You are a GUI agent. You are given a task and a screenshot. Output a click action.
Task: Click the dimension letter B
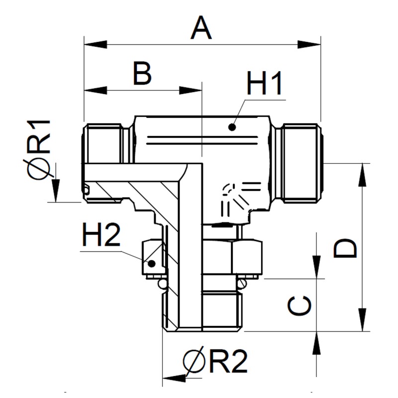(142, 74)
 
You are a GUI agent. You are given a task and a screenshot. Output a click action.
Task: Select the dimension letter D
(345, 248)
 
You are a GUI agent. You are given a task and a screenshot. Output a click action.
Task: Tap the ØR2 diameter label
(215, 362)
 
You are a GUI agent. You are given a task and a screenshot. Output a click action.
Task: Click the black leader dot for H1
(231, 127)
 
